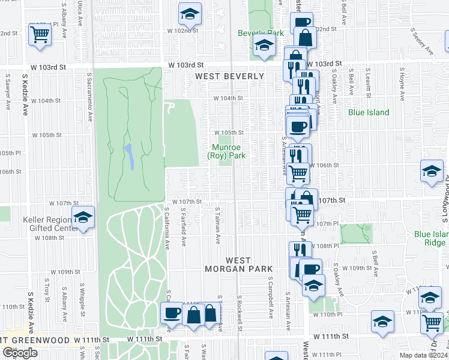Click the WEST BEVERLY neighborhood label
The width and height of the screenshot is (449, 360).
click(229, 76)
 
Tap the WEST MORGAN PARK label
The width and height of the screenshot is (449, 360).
click(249, 265)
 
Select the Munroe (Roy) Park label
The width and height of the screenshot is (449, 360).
click(227, 151)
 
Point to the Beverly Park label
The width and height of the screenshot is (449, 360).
click(261, 33)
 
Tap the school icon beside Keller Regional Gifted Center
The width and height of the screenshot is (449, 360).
click(83, 218)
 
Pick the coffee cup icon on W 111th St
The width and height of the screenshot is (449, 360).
click(172, 313)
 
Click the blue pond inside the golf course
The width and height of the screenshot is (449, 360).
click(128, 157)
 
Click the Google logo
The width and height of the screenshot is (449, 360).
click(19, 352)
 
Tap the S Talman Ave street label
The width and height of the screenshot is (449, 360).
click(218, 226)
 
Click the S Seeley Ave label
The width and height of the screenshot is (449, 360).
click(421, 41)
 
